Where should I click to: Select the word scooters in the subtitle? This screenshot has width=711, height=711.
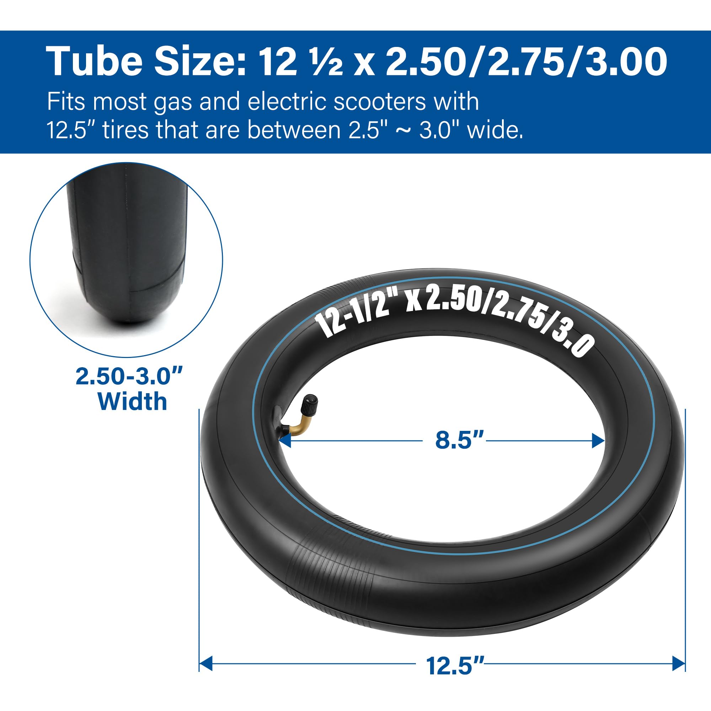(379, 102)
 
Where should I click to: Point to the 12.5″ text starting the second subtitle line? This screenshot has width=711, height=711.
(71, 130)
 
